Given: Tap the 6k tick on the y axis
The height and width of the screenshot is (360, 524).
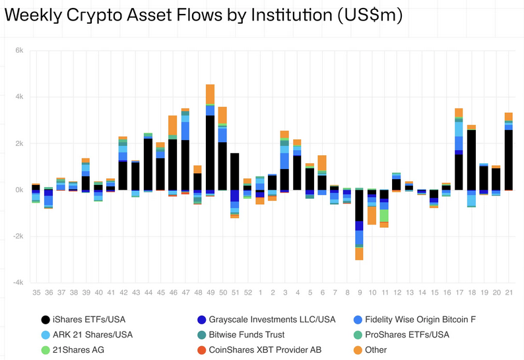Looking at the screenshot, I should tap(19, 51).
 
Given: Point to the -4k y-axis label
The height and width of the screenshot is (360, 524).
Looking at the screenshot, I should tap(18, 282).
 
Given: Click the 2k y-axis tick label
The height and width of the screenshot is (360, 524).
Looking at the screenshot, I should tap(19, 143).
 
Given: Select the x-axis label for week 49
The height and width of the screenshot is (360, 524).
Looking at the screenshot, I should tap(210, 292).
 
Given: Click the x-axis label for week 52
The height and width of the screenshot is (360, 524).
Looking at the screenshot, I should tap(247, 292).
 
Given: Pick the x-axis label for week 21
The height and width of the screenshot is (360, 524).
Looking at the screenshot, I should tap(509, 292).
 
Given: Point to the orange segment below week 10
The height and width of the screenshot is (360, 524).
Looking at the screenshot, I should tap(372, 215).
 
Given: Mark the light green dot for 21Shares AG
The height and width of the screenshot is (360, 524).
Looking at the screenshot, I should tap(45, 350).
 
